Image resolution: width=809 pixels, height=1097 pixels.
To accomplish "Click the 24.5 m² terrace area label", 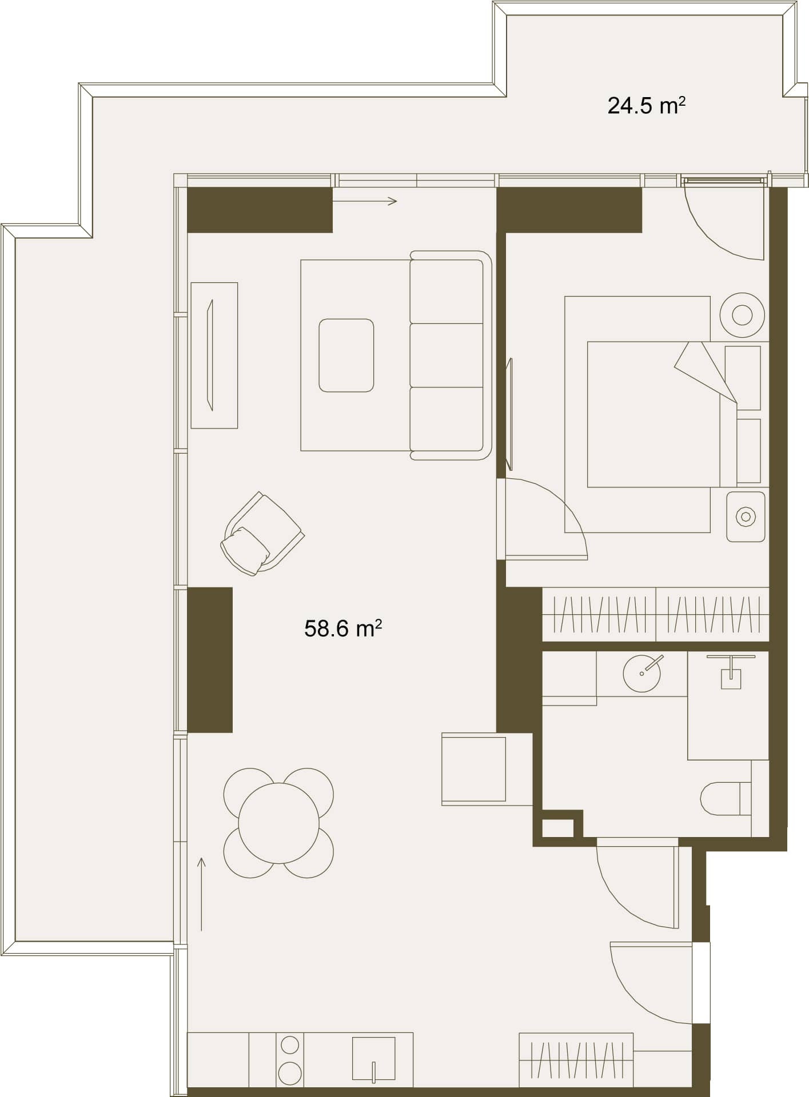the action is (646, 106).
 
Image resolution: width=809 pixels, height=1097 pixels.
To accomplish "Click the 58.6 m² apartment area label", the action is (343, 628).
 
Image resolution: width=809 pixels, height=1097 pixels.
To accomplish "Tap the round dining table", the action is (278, 823).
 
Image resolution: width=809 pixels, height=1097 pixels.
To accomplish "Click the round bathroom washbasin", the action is (641, 674).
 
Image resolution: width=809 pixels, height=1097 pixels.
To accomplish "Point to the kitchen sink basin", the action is (373, 1058).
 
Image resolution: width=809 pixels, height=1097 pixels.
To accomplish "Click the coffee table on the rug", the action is (346, 355).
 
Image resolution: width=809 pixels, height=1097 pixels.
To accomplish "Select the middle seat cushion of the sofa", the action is (447, 355).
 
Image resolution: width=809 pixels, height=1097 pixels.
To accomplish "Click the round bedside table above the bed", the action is (742, 315).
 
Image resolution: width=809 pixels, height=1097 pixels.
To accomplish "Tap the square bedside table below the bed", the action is (746, 517).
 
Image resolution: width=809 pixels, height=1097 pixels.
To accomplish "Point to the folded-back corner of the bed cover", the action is (706, 371).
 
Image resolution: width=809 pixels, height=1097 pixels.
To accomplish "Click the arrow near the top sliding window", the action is (365, 201).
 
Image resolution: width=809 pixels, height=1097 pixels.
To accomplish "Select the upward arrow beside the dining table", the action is (201, 894).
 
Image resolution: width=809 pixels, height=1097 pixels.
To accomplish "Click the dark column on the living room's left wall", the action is (210, 660).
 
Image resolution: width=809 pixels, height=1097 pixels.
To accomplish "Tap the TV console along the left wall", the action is (214, 355).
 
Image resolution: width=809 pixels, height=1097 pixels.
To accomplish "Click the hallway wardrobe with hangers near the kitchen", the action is (576, 1060).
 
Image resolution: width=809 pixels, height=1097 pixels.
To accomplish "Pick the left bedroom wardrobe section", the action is (599, 614).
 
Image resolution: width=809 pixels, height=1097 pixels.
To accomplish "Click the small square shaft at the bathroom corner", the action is (557, 828).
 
